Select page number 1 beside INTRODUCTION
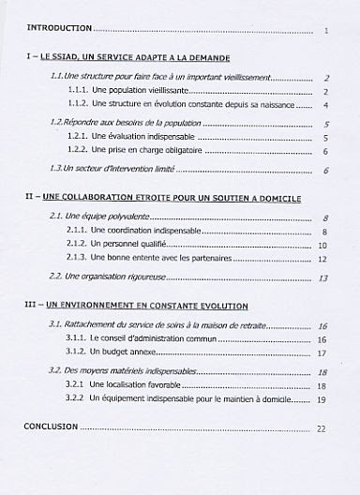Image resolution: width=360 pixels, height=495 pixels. coord(325,31)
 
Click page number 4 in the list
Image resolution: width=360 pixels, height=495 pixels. coord(324,105)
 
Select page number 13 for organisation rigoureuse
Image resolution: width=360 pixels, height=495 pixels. coord(322,277)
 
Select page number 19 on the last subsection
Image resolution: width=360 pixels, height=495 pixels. coord(322,399)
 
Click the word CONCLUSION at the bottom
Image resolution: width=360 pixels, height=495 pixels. coord(48,427)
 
